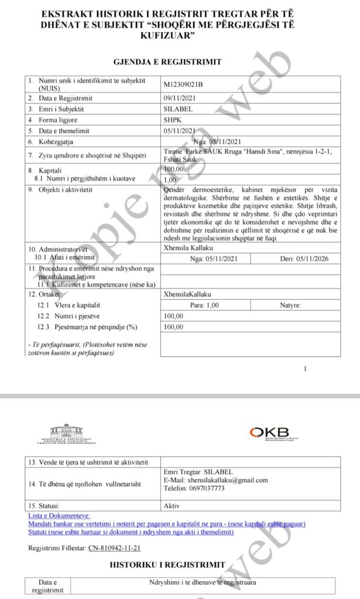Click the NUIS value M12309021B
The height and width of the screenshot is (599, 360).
pyautogui.click(x=184, y=84)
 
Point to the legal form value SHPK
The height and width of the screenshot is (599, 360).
pyautogui.click(x=173, y=120)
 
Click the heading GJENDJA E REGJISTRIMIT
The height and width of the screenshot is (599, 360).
pyautogui.click(x=167, y=62)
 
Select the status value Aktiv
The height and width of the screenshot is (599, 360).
pyautogui.click(x=172, y=505)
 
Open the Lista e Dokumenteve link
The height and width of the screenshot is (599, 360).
pyautogui.click(x=59, y=516)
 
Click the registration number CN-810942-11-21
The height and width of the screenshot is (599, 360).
pyautogui.click(x=114, y=548)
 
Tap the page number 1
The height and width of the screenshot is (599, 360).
pyautogui.click(x=306, y=369)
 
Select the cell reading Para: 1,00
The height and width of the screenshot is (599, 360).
pyautogui.click(x=205, y=305)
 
